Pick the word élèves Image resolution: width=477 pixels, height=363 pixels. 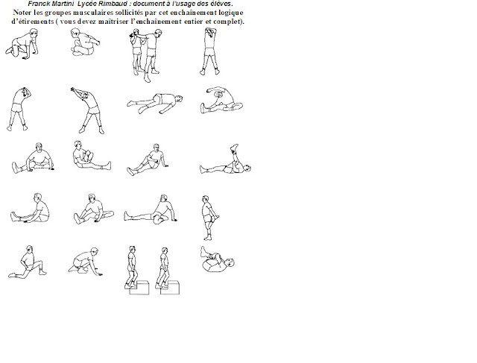click(223, 4)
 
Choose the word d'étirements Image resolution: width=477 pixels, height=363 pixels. click(33, 22)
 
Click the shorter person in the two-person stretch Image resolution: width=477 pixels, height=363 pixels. click(136, 51)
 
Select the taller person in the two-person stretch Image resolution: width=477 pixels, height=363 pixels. click(152, 55)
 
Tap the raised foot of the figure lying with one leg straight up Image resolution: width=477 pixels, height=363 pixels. click(234, 148)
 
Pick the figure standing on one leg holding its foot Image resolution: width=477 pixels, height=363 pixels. click(209, 218)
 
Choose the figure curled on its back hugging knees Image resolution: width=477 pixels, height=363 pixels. click(217, 259)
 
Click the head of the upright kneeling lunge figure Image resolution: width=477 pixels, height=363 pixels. click(29, 249)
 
